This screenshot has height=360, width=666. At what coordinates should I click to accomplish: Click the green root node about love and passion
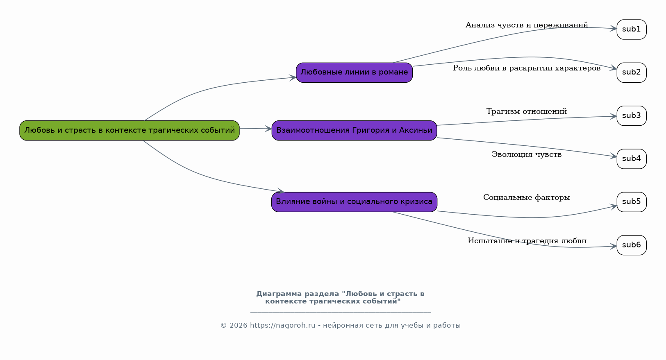tap(129, 130)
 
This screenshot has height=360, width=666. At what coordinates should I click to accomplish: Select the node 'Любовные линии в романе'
tap(354, 72)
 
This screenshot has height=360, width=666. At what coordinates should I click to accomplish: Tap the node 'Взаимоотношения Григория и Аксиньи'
tap(354, 130)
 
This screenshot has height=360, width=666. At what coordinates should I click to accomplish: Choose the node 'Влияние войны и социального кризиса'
tap(354, 202)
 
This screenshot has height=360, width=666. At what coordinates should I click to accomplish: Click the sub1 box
tap(631, 29)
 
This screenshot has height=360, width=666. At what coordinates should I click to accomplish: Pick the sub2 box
tap(631, 72)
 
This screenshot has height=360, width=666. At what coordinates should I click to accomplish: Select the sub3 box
tap(631, 116)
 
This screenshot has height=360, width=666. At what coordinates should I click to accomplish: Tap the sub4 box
tap(631, 159)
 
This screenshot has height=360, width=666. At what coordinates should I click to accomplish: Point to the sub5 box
tap(631, 202)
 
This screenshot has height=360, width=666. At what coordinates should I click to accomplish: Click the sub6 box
tap(631, 245)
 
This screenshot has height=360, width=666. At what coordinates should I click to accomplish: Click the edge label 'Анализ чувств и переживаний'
tap(527, 25)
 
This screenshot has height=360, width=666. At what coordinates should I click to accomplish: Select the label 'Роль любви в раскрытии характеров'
tap(527, 68)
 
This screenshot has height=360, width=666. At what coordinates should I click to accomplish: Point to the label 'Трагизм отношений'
tap(527, 111)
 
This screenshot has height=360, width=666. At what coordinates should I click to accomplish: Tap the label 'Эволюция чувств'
tap(527, 154)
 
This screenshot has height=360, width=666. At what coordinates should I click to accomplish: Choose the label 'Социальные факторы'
tap(527, 197)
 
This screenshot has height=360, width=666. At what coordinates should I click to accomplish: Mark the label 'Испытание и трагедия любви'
tap(527, 241)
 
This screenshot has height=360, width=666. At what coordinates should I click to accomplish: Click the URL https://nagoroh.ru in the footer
tap(282, 326)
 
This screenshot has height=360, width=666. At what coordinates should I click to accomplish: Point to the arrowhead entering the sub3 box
tap(614, 116)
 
